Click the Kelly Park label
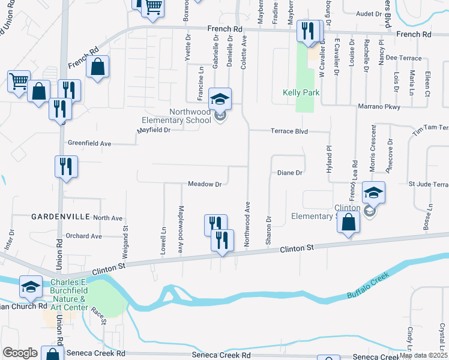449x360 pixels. coord(301,93)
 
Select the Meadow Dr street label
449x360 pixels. coord(205,184)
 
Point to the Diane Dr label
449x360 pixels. coord(289,173)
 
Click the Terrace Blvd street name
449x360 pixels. coord(289,131)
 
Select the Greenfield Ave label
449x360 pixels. coord(89,144)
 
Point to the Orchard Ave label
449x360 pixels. coord(84,236)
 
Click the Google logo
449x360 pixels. coord(20,353)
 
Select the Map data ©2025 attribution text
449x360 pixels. coord(424,355)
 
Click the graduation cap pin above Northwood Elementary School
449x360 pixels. coord(220,98)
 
